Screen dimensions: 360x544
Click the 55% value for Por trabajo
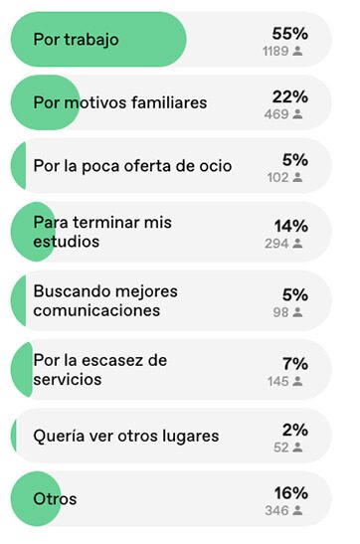click(x=290, y=34)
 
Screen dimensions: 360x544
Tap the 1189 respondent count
click(x=275, y=51)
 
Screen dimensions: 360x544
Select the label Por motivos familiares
click(x=120, y=102)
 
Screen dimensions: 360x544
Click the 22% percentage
click(x=290, y=96)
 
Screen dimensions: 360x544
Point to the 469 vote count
click(x=276, y=114)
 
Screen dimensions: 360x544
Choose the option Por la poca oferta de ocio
click(x=132, y=166)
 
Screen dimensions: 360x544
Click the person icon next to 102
click(x=297, y=177)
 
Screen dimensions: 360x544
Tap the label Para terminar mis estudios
click(x=102, y=232)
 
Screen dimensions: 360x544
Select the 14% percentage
click(x=291, y=226)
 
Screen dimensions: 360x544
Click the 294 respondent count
click(x=276, y=244)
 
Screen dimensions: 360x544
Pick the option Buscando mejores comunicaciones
click(x=105, y=300)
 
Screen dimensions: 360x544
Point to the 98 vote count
click(x=280, y=312)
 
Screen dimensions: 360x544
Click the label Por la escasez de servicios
click(x=100, y=370)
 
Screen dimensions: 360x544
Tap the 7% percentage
click(x=295, y=364)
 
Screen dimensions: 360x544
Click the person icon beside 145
click(x=297, y=381)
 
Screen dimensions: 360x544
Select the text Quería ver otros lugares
click(x=126, y=437)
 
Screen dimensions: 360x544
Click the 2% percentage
click(x=295, y=431)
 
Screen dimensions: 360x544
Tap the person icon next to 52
click(x=297, y=448)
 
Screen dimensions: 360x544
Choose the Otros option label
click(x=55, y=499)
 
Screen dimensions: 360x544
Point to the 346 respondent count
click(x=276, y=511)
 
